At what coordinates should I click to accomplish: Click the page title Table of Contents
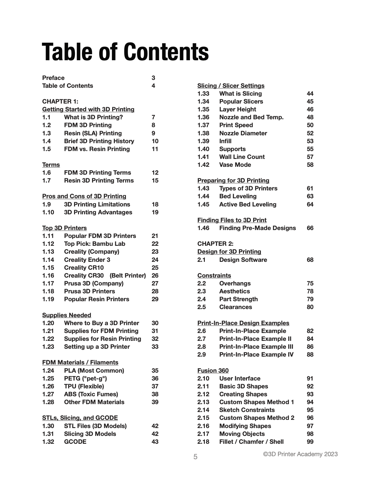[125, 52]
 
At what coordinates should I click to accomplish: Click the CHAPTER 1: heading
[60, 101]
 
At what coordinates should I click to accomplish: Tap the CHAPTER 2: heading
[215, 244]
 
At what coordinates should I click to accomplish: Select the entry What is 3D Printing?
[93, 117]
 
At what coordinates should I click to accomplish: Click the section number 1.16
[48, 275]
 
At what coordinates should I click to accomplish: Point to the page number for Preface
[153, 78]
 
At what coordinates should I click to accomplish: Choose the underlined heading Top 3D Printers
[64, 228]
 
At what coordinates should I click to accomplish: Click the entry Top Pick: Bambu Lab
[94, 244]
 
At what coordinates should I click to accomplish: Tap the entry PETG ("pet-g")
[85, 378]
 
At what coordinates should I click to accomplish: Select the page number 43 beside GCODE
[155, 442]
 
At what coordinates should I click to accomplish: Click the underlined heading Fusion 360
[213, 371]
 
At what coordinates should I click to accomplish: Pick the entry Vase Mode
[235, 165]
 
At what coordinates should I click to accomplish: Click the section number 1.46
[203, 228]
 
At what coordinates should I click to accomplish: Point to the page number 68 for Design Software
[310, 260]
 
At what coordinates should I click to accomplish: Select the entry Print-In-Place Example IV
[256, 354]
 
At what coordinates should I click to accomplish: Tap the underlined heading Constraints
[214, 275]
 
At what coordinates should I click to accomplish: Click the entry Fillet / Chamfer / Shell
[251, 442]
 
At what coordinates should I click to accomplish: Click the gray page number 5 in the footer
[195, 457]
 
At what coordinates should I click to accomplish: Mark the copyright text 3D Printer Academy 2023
[300, 454]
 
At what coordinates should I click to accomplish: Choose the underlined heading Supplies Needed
[67, 315]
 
